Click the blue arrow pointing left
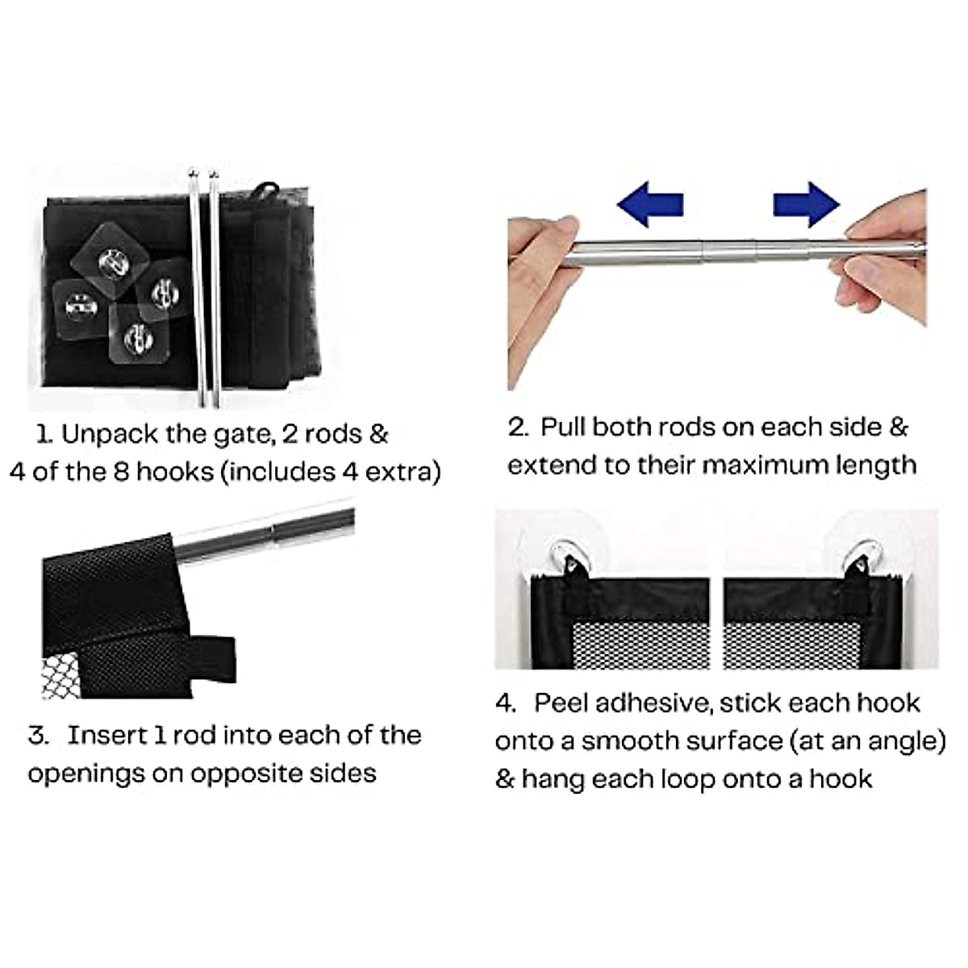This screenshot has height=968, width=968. coord(649,204)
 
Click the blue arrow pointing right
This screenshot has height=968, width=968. coord(806,204)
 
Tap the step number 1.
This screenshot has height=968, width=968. coord(44,435)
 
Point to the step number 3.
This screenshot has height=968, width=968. coord(38,736)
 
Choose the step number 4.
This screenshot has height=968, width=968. coord(506,703)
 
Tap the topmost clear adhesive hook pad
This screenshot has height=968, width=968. coord(111,259)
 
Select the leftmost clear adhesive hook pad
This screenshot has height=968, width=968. coord(81,308)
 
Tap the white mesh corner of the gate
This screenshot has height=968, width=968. coord(60,676)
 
